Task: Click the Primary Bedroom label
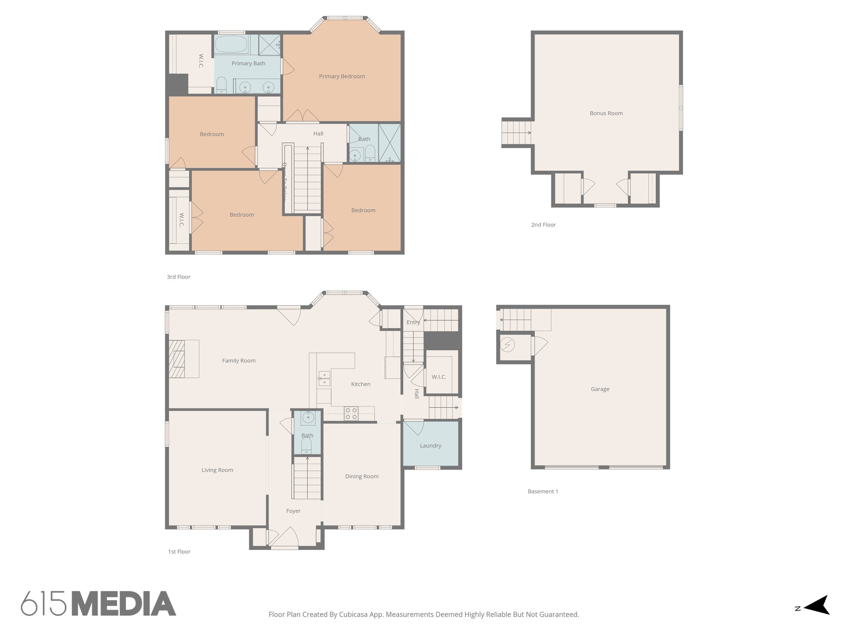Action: [x=342, y=76]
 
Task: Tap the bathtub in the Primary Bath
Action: [x=231, y=44]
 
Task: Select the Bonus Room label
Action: [x=606, y=113]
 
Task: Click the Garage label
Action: [x=600, y=389]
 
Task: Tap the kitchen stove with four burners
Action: [x=351, y=414]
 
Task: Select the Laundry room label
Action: [x=430, y=446]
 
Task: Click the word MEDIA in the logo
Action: [x=124, y=604]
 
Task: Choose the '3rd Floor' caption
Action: [x=178, y=277]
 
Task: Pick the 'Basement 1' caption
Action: [x=543, y=491]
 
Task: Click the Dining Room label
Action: [x=361, y=476]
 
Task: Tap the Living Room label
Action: [x=217, y=470]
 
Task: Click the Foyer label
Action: [x=293, y=511]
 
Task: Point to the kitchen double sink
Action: [x=324, y=378]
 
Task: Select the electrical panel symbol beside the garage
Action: [x=507, y=344]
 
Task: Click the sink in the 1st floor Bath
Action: [x=308, y=418]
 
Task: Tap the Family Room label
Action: [x=238, y=361]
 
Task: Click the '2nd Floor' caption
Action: [x=543, y=224]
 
